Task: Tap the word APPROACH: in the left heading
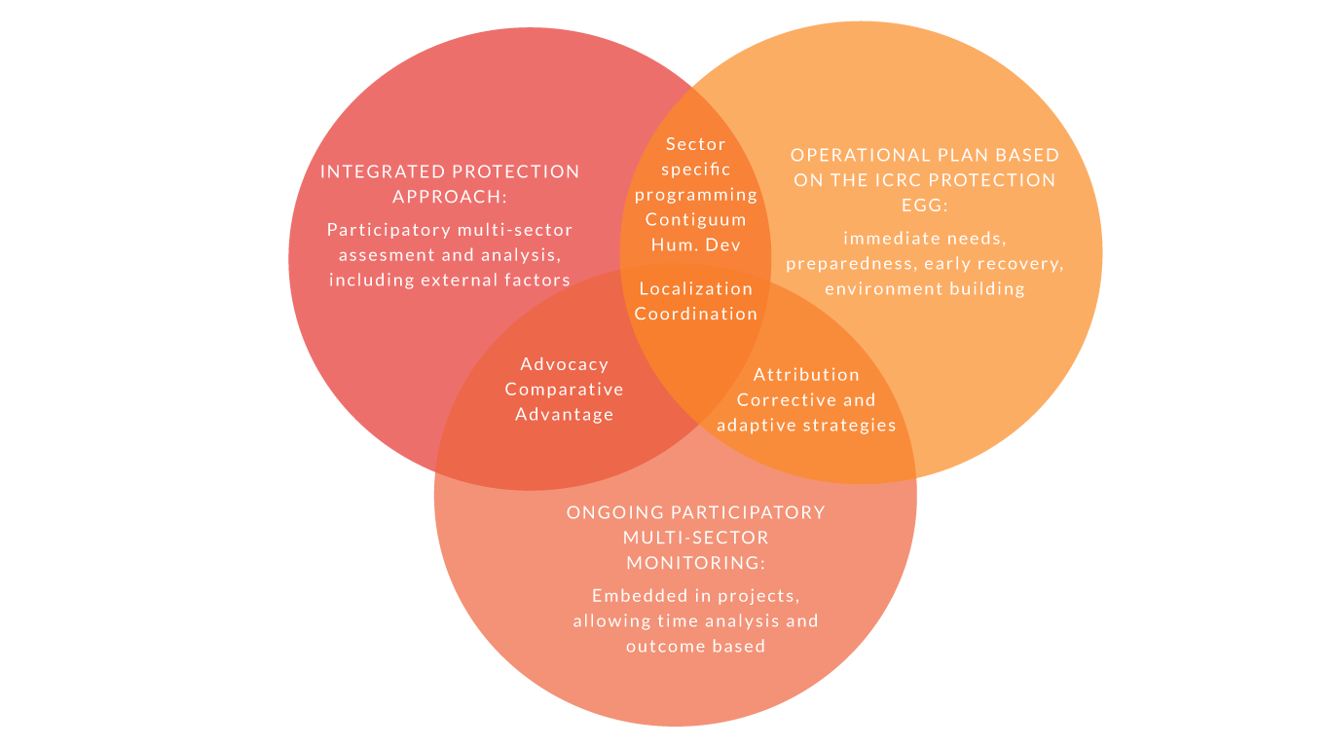pos(450,197)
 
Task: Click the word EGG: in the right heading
pos(924,206)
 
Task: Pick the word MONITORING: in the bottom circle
pos(696,563)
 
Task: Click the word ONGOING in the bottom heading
pos(607,512)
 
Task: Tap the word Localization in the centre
pos(696,288)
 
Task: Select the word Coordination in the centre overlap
pos(696,314)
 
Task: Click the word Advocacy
pos(564,365)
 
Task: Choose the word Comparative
pos(564,390)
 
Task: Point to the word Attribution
pos(806,375)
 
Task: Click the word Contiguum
pos(696,220)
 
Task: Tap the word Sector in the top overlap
pos(696,144)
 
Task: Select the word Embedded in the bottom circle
pos(640,596)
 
